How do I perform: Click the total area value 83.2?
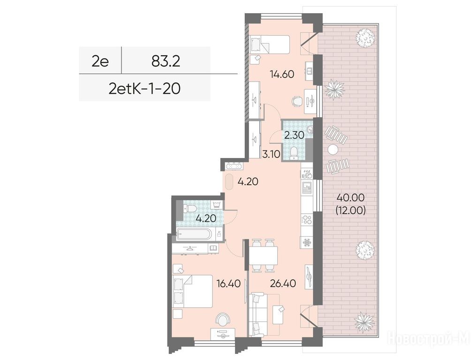point(166,61)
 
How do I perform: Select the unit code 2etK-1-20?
point(144,89)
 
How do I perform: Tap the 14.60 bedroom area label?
point(282,74)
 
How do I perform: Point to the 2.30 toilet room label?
point(294,135)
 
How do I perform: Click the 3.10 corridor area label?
point(271,155)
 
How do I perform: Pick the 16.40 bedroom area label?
point(228,284)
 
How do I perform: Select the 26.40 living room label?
point(283,283)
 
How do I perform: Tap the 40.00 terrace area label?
point(351,198)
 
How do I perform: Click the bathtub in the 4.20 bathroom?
point(193,235)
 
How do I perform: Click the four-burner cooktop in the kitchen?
point(307,220)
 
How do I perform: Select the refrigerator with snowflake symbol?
point(307,243)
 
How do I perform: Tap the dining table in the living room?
point(263,255)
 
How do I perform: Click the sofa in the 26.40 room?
point(257,314)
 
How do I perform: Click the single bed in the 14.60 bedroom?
point(270,45)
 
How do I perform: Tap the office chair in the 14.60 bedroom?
point(297,101)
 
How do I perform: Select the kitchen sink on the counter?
point(307,188)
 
